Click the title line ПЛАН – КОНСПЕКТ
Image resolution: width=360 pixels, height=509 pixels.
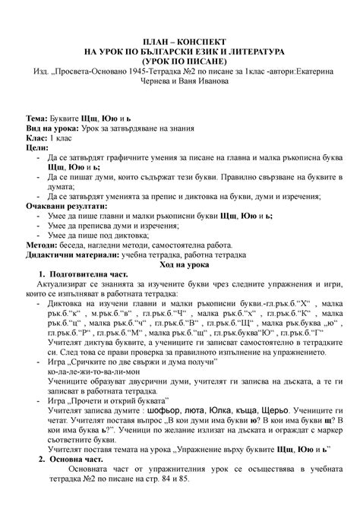click(179, 39)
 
